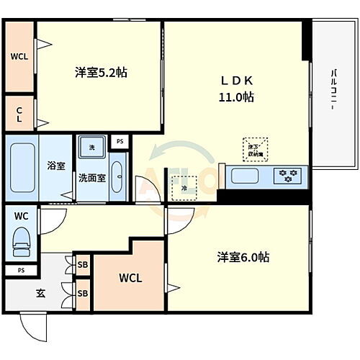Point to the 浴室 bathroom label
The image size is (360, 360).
56,165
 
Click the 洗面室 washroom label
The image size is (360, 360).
92,179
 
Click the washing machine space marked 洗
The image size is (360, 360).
91,148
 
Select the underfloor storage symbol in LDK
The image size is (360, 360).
253,148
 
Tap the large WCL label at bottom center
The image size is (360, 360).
130,278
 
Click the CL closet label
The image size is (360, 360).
19,114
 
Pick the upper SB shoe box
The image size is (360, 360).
83,264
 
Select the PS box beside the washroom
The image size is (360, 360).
120,141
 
